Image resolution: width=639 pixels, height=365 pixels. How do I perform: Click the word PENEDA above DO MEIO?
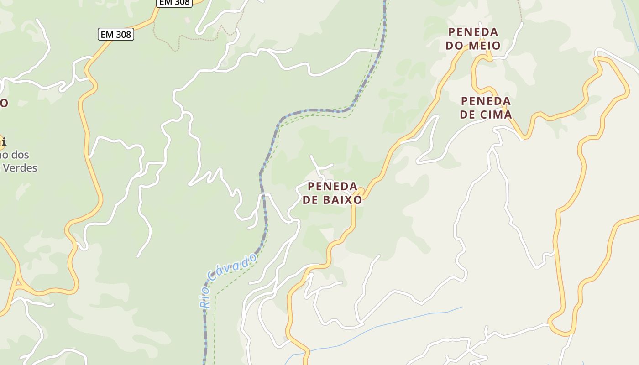point(473,32)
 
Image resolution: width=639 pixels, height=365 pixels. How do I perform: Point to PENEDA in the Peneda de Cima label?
point(486,101)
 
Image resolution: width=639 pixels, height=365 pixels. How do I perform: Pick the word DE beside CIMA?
point(468,114)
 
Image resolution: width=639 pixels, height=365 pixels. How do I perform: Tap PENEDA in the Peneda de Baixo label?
point(332,186)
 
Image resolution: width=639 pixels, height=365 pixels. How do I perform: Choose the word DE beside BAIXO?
point(310,200)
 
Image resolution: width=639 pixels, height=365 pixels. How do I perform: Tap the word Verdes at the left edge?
point(20,168)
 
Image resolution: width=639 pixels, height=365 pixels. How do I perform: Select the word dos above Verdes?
point(20,155)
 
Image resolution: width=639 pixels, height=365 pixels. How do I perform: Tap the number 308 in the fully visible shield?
point(123,34)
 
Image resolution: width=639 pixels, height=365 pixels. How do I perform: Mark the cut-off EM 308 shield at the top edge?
point(174,2)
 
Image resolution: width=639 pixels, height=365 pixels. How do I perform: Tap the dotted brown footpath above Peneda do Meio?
point(520,11)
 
